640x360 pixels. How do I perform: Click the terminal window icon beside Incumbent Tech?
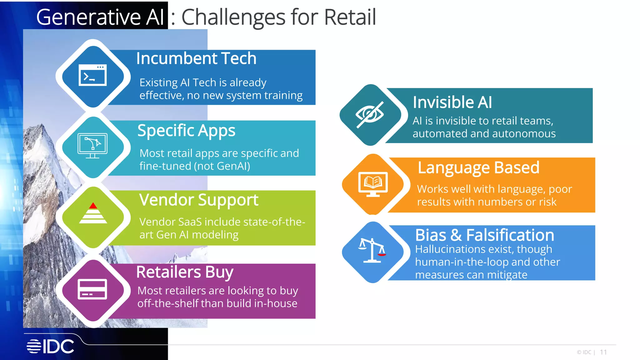click(92, 75)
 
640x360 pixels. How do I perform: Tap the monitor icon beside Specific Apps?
click(92, 146)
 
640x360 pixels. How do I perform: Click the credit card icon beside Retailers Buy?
click(92, 289)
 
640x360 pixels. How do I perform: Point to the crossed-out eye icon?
click(370, 114)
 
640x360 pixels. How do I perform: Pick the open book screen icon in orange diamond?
click(373, 183)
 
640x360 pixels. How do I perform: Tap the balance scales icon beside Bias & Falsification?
click(372, 250)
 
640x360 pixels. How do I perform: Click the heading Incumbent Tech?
click(196, 58)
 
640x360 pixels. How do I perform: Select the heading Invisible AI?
click(452, 102)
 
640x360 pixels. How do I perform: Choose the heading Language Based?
click(478, 167)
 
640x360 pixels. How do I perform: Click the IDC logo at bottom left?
click(50, 346)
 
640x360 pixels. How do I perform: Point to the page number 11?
click(603, 352)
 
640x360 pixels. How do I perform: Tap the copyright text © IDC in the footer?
click(584, 352)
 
